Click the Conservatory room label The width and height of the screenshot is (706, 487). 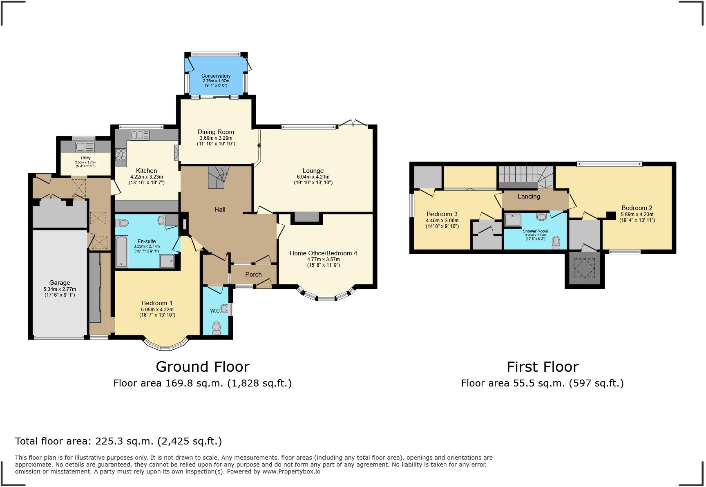[216, 76]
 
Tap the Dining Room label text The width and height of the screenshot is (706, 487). [216, 132]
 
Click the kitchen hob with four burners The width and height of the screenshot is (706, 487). [121, 154]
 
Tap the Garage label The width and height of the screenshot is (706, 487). [60, 283]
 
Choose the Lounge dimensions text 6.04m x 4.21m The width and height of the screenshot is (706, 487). [313, 177]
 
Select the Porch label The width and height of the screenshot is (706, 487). [253, 275]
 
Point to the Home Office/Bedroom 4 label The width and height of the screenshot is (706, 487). [323, 253]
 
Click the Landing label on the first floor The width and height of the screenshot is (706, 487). [529, 197]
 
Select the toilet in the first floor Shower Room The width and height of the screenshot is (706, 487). [556, 242]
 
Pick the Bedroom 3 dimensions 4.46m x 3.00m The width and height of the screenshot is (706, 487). [442, 221]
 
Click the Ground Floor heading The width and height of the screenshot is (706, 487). [203, 367]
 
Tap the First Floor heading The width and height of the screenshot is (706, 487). [543, 367]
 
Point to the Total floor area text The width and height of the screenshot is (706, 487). [118, 441]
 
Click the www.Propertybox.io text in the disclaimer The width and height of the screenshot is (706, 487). [291, 471]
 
